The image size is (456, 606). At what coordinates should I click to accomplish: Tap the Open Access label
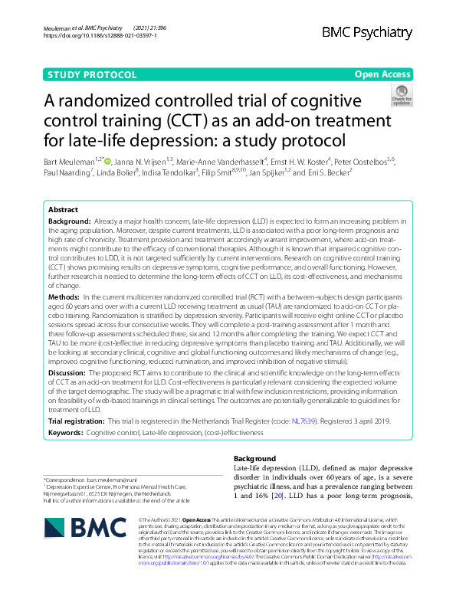[x=384, y=74]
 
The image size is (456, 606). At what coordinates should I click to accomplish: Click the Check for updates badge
[x=401, y=97]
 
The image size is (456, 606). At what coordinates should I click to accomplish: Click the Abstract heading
[x=63, y=209]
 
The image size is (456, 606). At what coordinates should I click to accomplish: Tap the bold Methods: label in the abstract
[x=64, y=296]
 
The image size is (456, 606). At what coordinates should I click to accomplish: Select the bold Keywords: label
[x=66, y=433]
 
